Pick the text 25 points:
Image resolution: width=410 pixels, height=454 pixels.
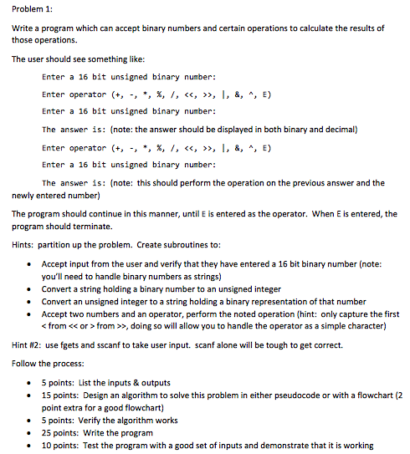click(x=58, y=433)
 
